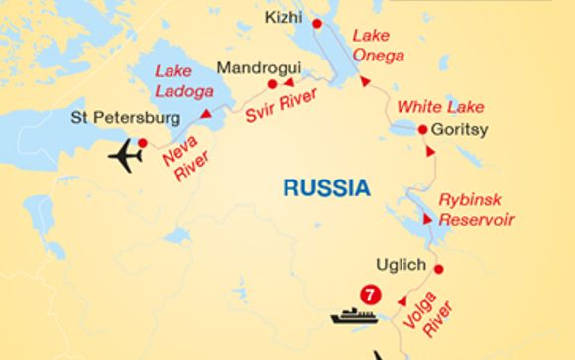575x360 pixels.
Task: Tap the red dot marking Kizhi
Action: pos(316,23)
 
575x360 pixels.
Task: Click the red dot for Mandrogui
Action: pos(272,85)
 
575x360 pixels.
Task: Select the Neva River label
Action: pos(181,162)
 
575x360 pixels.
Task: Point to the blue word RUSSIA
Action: pos(325,186)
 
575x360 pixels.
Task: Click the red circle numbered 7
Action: pos(370,296)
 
